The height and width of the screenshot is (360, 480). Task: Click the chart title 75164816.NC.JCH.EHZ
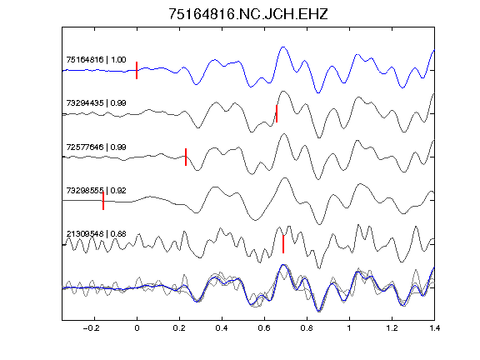pyautogui.click(x=248, y=14)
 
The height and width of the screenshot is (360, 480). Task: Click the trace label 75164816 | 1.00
pyautogui.click(x=96, y=59)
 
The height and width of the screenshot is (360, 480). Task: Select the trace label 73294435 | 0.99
pyautogui.click(x=96, y=102)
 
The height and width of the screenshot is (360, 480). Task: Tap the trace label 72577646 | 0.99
pyautogui.click(x=96, y=147)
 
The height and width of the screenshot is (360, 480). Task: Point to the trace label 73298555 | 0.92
pyautogui.click(x=96, y=190)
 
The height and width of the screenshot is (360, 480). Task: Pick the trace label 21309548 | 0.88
pyautogui.click(x=96, y=234)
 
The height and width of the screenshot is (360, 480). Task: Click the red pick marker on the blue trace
pyautogui.click(x=137, y=70)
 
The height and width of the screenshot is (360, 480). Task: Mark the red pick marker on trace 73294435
pyautogui.click(x=277, y=113)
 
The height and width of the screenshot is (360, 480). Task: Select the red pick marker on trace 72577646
pyautogui.click(x=186, y=157)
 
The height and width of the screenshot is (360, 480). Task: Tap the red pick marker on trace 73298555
pyautogui.click(x=103, y=201)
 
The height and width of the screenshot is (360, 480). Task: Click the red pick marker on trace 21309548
pyautogui.click(x=283, y=244)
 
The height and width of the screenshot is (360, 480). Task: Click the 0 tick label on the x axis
pyautogui.click(x=137, y=328)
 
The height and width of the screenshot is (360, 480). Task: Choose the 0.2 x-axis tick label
pyautogui.click(x=179, y=328)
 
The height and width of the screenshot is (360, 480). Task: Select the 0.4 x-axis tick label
pyautogui.click(x=222, y=328)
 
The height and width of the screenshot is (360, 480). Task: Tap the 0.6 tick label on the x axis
pyautogui.click(x=264, y=328)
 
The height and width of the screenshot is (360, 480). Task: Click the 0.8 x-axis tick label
pyautogui.click(x=307, y=328)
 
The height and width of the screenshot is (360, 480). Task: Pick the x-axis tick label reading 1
pyautogui.click(x=349, y=328)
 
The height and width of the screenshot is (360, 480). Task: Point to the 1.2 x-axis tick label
pyautogui.click(x=392, y=328)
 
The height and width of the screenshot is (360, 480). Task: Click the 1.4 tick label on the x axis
pyautogui.click(x=434, y=328)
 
